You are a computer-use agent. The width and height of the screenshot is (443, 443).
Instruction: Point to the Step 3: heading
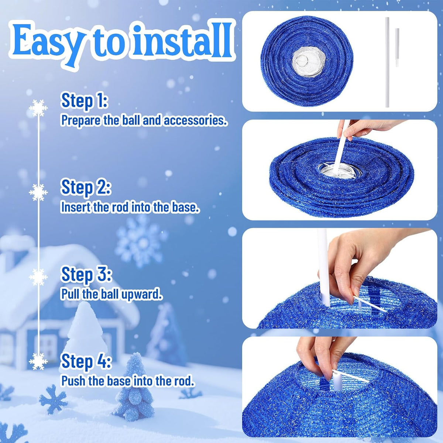[x=86, y=275]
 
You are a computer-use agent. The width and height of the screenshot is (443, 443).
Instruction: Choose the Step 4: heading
[x=86, y=362]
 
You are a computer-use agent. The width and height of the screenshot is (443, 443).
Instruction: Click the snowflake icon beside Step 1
[x=38, y=108]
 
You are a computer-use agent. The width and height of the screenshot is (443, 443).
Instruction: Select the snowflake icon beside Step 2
[x=38, y=192]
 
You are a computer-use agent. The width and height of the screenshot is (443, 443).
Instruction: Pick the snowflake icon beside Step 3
[x=38, y=277]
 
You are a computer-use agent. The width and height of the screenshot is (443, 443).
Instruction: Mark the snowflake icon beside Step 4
[x=38, y=361]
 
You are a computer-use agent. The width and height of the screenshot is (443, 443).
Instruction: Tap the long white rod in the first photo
[x=387, y=62]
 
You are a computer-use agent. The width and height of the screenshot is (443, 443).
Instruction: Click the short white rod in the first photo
[x=397, y=47]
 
